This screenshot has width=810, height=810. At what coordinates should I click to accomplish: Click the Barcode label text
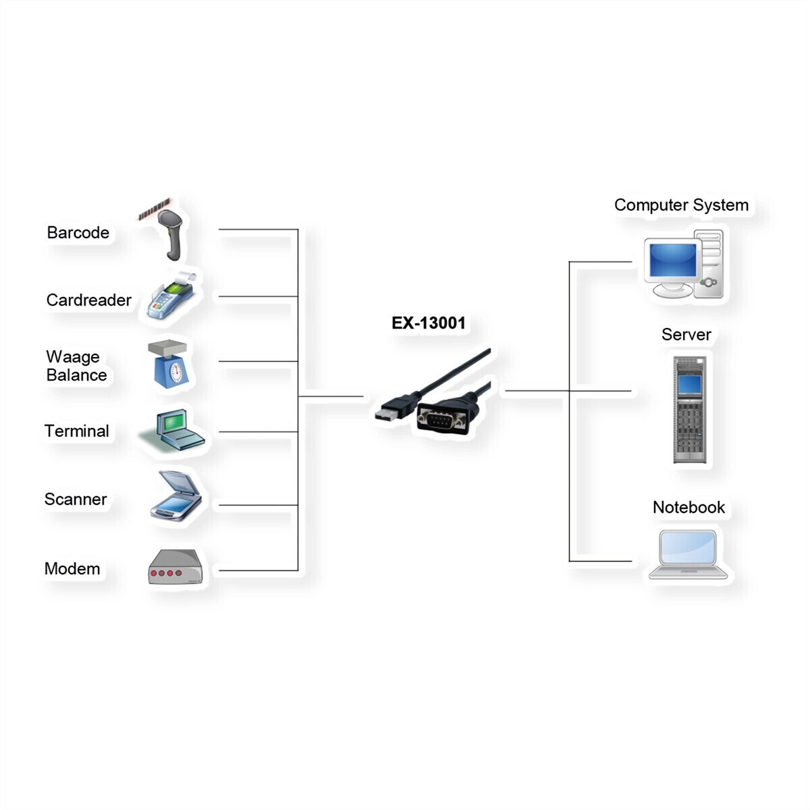pos(78,233)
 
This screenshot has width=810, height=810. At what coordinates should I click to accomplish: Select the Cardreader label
pos(88,300)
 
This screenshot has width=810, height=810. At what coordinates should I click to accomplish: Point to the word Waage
pos(72,356)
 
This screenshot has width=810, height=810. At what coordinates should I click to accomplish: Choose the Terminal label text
pos(76,431)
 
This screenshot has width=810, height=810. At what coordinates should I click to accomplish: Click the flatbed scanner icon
pos(175,497)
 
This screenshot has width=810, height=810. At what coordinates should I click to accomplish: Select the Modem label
pos(72,569)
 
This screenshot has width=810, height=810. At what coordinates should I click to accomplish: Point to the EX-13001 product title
pos(429,323)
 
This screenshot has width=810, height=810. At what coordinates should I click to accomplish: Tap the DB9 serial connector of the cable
pos(443,421)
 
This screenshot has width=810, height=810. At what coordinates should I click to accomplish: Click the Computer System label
pos(681,205)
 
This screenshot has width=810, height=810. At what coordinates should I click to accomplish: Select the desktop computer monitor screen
pos(672,261)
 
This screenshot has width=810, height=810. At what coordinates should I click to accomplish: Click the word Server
pos(686,335)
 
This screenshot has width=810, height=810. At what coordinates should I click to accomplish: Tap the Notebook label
pos(688,508)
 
